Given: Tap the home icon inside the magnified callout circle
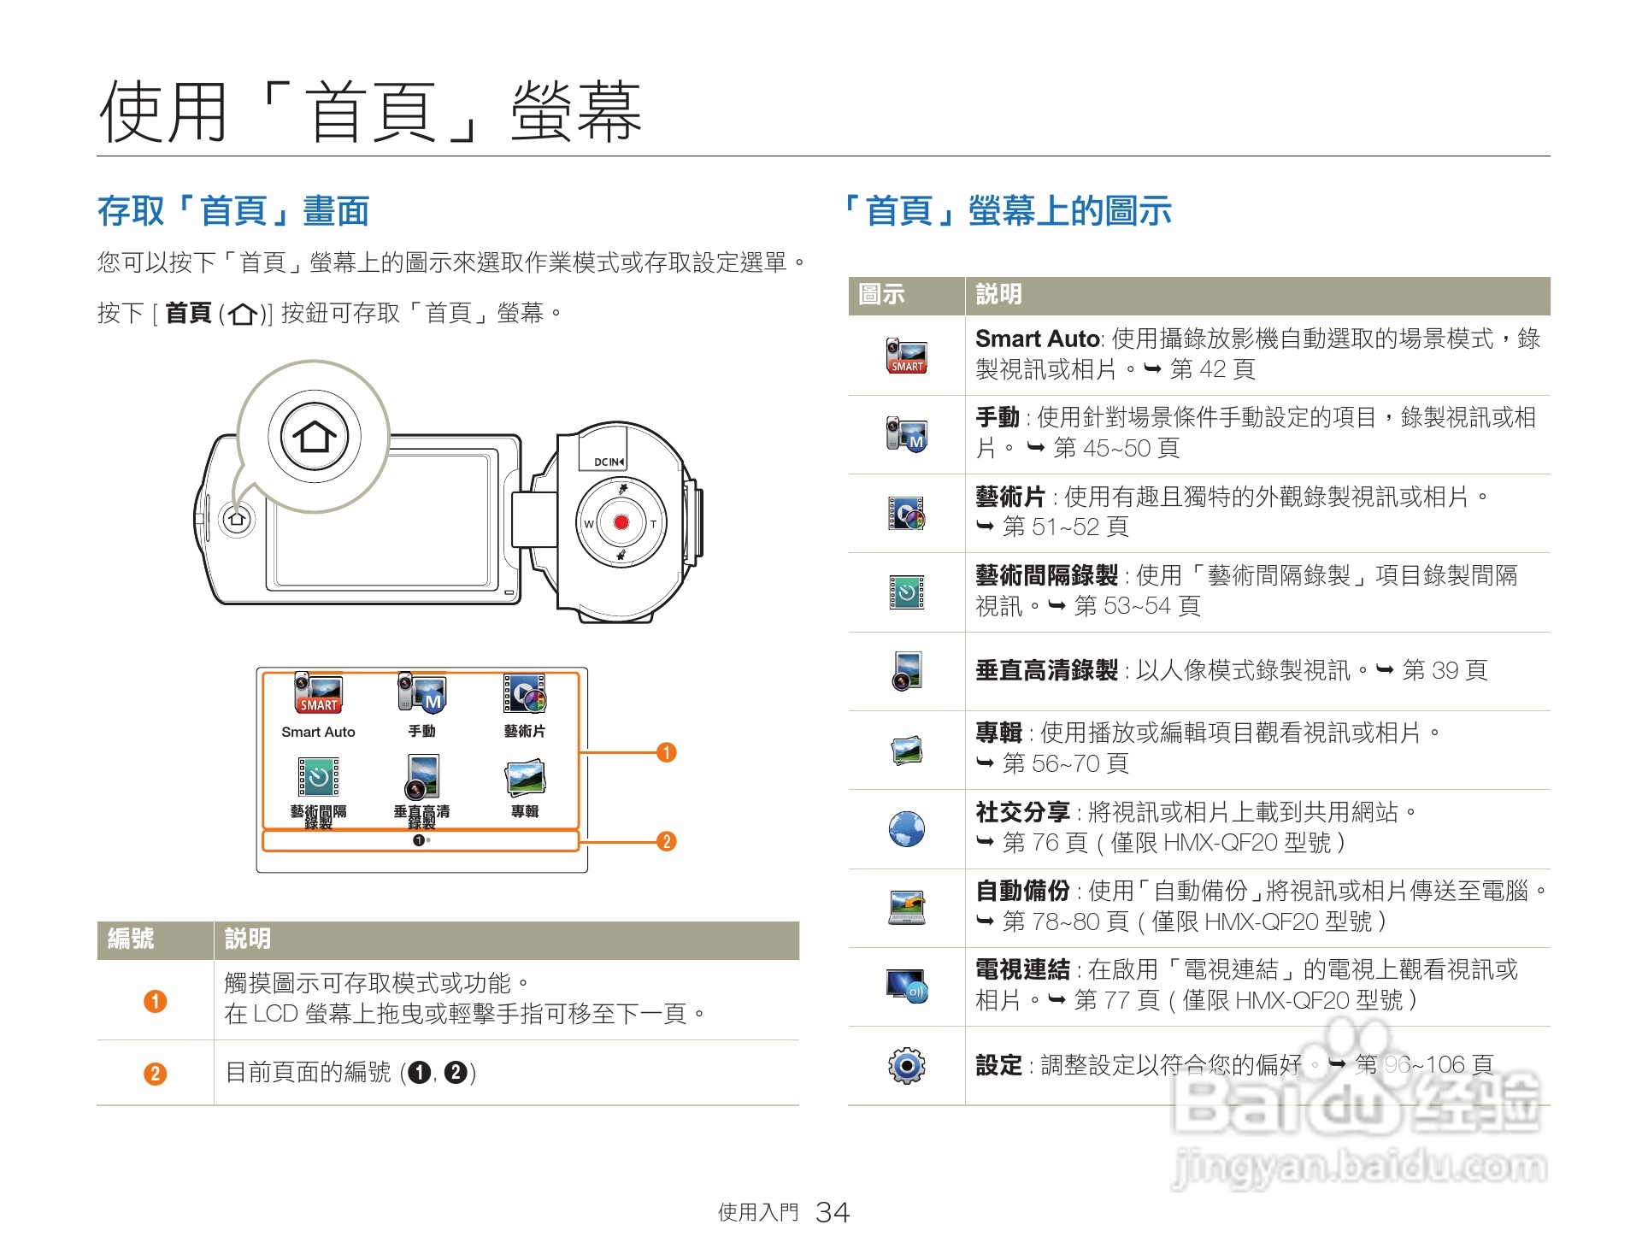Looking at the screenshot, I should coord(315,437).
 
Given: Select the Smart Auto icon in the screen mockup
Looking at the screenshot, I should coord(318,692).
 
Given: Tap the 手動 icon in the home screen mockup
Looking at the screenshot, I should coord(422,692).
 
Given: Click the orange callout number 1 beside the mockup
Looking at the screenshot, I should coord(667,752).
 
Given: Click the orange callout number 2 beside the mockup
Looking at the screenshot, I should coord(667,841).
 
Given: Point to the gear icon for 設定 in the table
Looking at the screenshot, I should coord(906,1065).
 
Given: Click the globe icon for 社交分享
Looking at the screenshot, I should coord(906,828).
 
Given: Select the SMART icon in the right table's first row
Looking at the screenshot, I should coord(906,356).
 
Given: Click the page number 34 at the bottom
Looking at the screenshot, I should coord(832,1212).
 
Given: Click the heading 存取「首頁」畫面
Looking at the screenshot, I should coord(233,211).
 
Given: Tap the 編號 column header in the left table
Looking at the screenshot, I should coord(131,939).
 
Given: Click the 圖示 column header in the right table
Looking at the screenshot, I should coord(881,294).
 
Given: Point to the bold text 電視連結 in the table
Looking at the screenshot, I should coord(1022,969).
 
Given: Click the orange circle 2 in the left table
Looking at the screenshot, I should coord(155,1073).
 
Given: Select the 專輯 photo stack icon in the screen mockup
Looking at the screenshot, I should coord(525,776).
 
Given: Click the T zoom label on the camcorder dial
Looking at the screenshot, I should coord(654,524).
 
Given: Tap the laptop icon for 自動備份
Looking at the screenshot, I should coord(906,907).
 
